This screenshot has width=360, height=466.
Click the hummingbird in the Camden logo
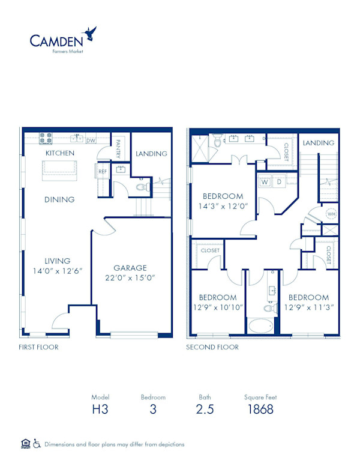point(90,33)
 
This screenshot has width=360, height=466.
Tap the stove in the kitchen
point(46,139)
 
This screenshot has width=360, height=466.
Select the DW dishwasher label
point(91,141)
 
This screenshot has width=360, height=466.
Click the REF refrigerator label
point(103,172)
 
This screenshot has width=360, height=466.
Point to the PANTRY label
point(118,148)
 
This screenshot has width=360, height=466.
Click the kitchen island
point(60,171)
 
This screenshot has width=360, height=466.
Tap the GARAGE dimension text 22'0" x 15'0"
point(130,278)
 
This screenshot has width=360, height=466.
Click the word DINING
point(59,199)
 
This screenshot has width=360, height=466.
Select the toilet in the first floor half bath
point(144,187)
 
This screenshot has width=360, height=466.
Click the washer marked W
point(265,181)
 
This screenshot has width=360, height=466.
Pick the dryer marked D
point(279,181)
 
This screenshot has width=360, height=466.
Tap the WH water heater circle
point(331,214)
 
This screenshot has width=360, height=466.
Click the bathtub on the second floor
point(260,326)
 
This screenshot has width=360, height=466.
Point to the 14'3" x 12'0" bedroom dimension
point(223,206)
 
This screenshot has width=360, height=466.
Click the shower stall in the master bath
point(200,148)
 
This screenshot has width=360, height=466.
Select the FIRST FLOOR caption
point(38,347)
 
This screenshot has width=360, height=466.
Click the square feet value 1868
point(260,409)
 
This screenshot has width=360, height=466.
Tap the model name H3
point(100,409)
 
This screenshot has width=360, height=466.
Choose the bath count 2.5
point(205,409)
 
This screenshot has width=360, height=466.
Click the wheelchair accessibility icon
point(37,444)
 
